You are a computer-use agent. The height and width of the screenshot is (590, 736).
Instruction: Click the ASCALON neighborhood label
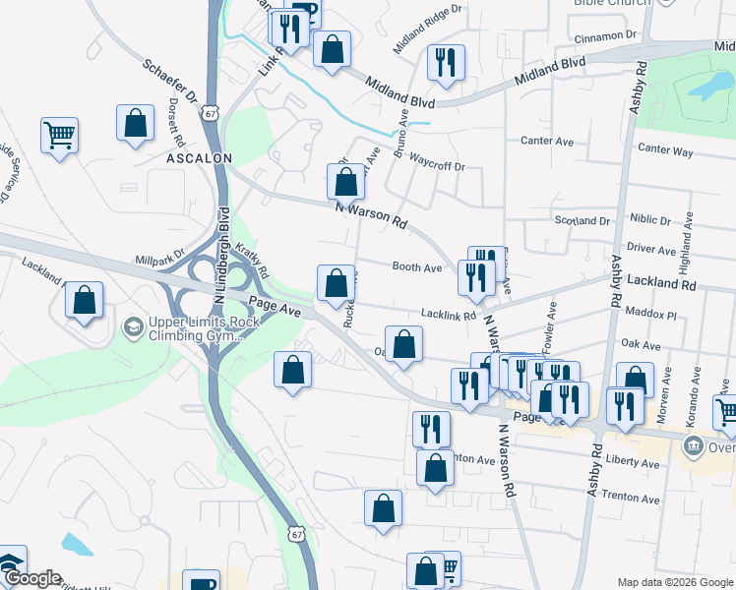pos(198,157)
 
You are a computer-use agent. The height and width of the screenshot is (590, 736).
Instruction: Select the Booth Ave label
pos(417,267)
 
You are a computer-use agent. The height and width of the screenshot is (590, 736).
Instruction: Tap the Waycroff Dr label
pos(436,158)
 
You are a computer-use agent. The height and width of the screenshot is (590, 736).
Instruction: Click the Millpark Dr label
pos(159,259)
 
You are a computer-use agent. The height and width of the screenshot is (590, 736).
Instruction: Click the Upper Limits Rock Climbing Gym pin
pos(132,325)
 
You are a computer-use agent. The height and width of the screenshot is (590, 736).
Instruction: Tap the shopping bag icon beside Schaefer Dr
pos(136,124)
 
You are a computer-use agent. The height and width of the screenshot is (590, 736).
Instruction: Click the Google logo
pos(32,578)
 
